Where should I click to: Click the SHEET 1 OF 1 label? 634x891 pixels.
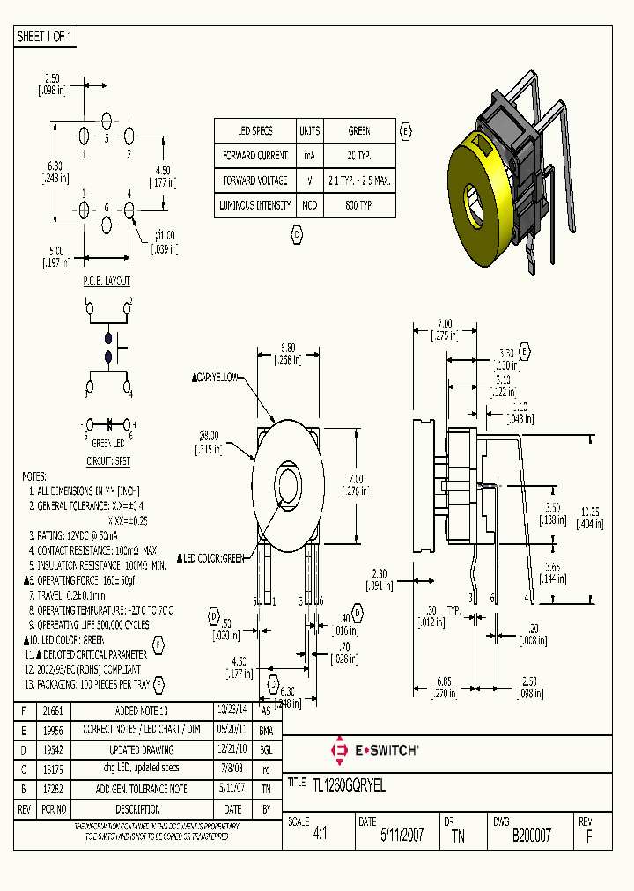tap(47, 36)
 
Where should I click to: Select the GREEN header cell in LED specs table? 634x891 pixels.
tap(358, 130)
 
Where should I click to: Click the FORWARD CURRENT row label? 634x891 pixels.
tap(255, 155)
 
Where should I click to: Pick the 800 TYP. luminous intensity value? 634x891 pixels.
tap(358, 204)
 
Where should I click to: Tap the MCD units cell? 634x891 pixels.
tap(309, 204)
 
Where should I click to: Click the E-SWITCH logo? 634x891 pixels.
tap(374, 749)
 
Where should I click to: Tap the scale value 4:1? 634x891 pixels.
tap(319, 835)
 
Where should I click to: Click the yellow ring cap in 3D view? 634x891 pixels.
tap(475, 202)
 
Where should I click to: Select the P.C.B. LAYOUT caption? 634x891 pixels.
tap(107, 281)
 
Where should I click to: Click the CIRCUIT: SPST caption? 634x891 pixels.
tap(107, 458)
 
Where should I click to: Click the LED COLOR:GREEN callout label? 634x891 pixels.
tap(212, 557)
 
